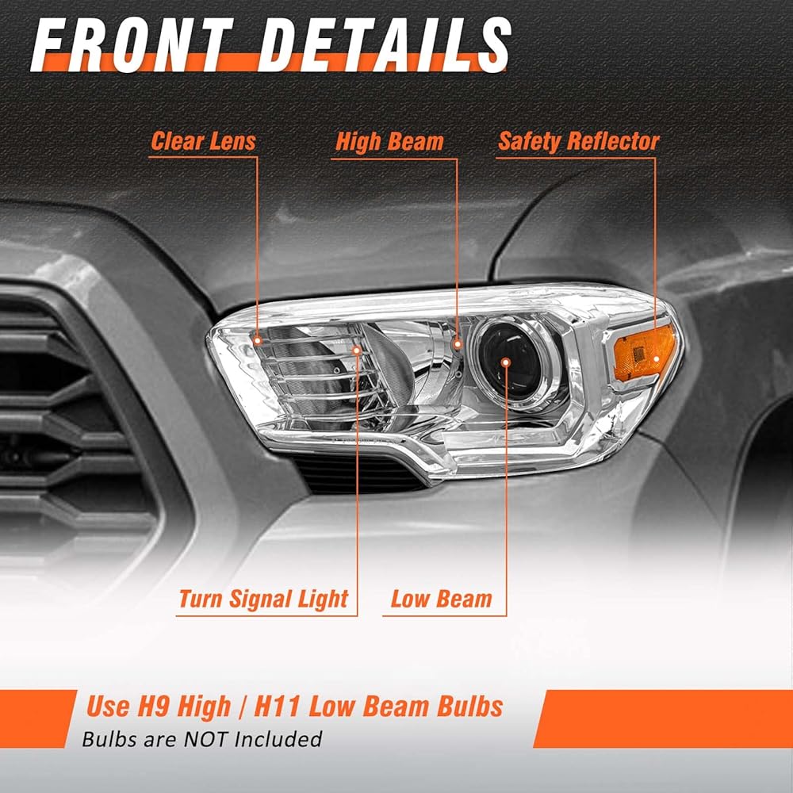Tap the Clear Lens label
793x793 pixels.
click(x=203, y=142)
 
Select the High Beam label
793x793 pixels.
click(x=389, y=142)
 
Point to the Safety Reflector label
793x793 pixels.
click(x=578, y=142)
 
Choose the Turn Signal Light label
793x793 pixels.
click(x=263, y=599)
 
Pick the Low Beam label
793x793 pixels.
click(x=441, y=599)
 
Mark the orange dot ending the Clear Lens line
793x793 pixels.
click(x=259, y=339)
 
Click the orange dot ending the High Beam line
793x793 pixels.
click(x=458, y=344)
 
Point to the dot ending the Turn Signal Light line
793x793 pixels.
click(x=358, y=348)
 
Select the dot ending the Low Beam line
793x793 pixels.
click(x=506, y=362)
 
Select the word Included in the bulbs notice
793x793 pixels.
click(x=276, y=740)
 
